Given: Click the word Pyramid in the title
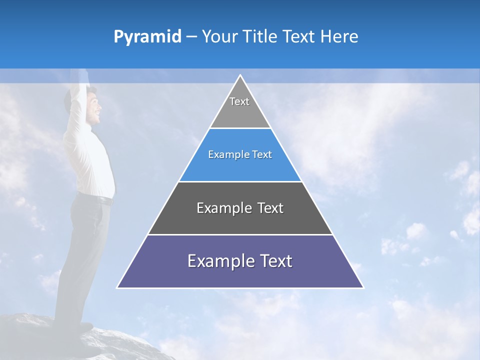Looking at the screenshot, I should (x=147, y=37).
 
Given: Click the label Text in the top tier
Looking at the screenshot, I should (x=239, y=101).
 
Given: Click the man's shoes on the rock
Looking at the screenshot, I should (x=82, y=327).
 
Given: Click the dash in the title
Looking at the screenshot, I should (x=191, y=37).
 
